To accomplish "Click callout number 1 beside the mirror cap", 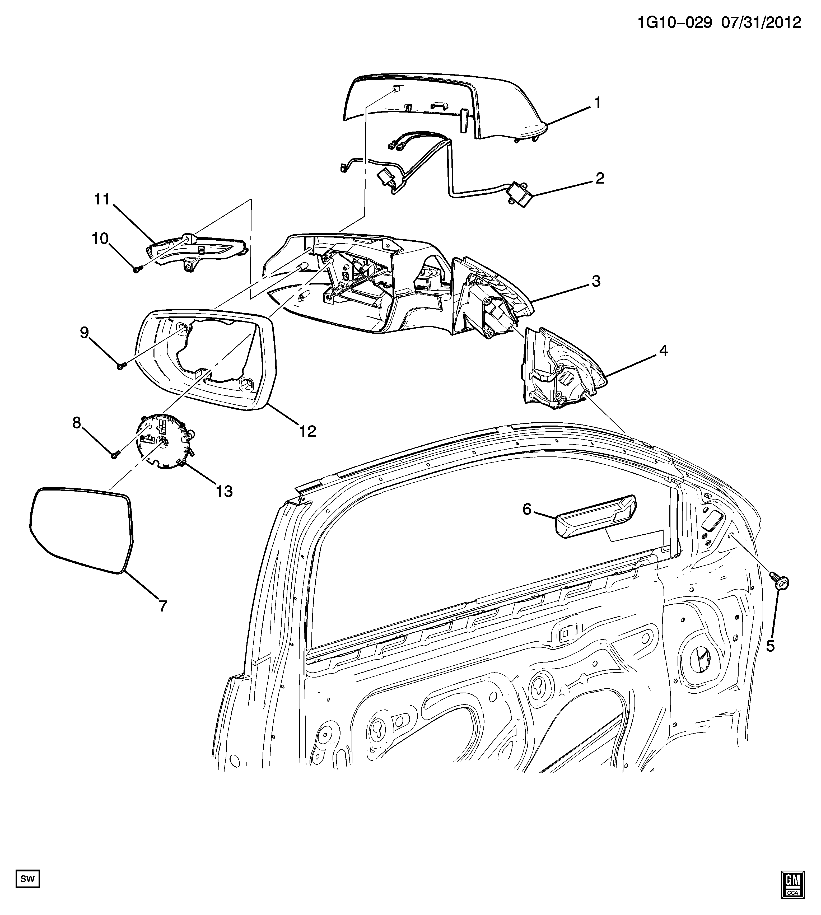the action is click(597, 103).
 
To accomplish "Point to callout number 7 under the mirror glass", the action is click(163, 606).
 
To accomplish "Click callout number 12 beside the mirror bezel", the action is click(307, 432).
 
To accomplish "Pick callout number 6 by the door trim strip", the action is click(527, 509).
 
